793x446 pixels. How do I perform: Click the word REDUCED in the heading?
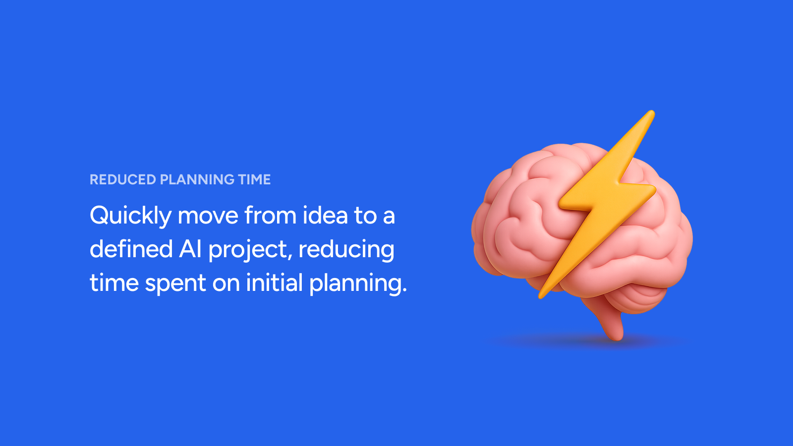(x=123, y=179)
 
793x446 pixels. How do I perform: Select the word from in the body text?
(x=270, y=215)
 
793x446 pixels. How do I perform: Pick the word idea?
(x=325, y=215)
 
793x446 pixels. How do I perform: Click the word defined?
(x=131, y=248)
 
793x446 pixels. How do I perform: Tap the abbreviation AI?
(x=190, y=249)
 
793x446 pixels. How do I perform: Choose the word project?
(x=250, y=250)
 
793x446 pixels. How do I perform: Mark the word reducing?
(x=346, y=250)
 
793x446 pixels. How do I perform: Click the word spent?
(x=175, y=284)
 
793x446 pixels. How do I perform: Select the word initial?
(x=275, y=282)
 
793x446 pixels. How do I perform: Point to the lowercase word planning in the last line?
(x=358, y=283)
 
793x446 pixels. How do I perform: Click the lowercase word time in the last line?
(x=114, y=282)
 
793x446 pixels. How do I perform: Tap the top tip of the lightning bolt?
(x=652, y=113)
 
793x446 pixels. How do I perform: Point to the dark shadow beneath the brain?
(x=588, y=341)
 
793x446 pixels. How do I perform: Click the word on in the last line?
(x=226, y=284)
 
